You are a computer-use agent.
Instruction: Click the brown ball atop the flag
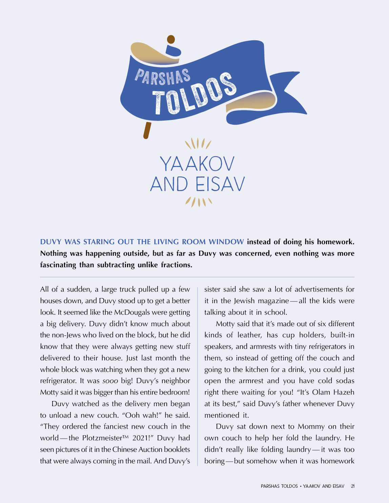pos(171,39)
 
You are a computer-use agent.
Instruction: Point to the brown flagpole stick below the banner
pos(147,130)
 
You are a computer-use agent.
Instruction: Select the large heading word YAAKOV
pos(197,164)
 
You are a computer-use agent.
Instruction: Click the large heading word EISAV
pos(220,185)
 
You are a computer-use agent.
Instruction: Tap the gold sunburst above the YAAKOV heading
pos(198,144)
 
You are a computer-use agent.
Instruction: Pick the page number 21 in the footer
pos(353,486)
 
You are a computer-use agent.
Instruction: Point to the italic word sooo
pos(110,381)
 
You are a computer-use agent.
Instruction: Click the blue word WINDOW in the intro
pos(226,242)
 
